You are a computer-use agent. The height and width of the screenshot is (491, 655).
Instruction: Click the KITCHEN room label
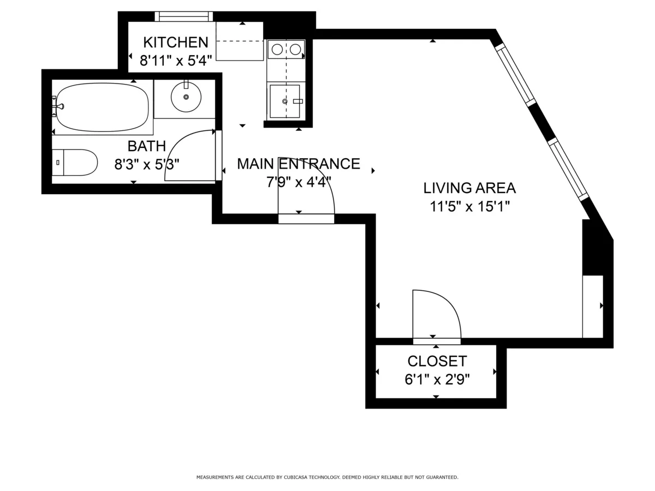[x=175, y=42]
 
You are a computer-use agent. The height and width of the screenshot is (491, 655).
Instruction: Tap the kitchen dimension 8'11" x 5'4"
[x=175, y=60]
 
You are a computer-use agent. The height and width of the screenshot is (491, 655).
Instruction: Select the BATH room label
[x=146, y=146]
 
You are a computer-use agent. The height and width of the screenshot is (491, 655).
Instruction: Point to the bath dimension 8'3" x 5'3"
[x=146, y=164]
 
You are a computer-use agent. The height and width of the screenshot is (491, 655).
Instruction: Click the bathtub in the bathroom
[x=103, y=107]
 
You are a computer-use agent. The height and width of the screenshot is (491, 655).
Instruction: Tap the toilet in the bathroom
[x=76, y=163]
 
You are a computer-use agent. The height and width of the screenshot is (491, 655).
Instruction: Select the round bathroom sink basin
[x=186, y=97]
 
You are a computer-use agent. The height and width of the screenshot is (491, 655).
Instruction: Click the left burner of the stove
[x=277, y=50]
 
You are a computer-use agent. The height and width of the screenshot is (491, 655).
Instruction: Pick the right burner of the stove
[x=295, y=50]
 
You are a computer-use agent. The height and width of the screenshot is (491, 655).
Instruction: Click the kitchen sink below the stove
[x=284, y=101]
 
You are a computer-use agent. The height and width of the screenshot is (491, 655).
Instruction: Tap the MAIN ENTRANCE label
[x=298, y=164]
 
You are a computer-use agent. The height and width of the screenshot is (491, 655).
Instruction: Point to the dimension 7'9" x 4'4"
[x=298, y=182]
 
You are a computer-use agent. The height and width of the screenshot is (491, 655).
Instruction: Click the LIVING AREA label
[x=469, y=188]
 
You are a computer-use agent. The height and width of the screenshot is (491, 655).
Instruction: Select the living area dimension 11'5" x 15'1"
[x=469, y=206]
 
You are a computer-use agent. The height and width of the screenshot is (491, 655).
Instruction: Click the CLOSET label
[x=437, y=361]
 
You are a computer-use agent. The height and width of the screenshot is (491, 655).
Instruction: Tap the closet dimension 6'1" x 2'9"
[x=437, y=379]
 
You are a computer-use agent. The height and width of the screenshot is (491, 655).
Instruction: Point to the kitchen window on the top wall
[x=183, y=16]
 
